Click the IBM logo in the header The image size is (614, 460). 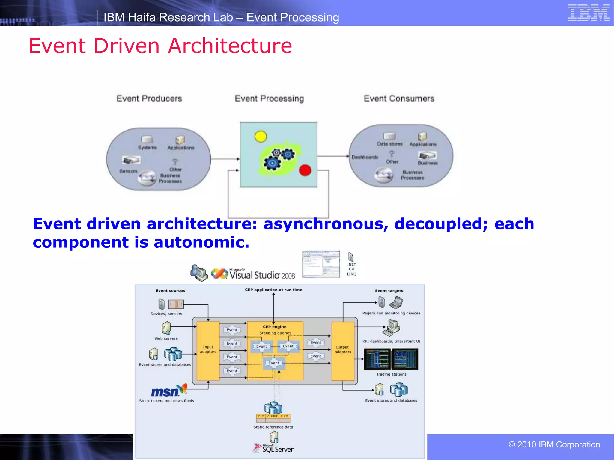point(588,13)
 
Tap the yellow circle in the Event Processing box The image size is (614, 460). point(260,137)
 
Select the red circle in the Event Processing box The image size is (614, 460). point(305,170)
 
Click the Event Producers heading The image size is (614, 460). point(149,99)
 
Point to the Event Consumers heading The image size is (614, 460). point(399,99)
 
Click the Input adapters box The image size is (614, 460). point(208,349)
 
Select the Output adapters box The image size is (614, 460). point(342,349)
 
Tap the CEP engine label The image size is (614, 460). point(274,327)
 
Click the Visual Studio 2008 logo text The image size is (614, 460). point(262,275)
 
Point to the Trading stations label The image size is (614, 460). point(391,374)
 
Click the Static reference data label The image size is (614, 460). point(273,427)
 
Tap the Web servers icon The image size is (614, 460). point(166,328)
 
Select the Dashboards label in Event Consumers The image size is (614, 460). point(365,157)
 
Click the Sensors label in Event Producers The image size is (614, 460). point(128,171)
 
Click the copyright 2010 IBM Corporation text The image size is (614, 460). point(554,444)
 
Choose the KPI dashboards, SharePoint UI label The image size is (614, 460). point(391,341)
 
